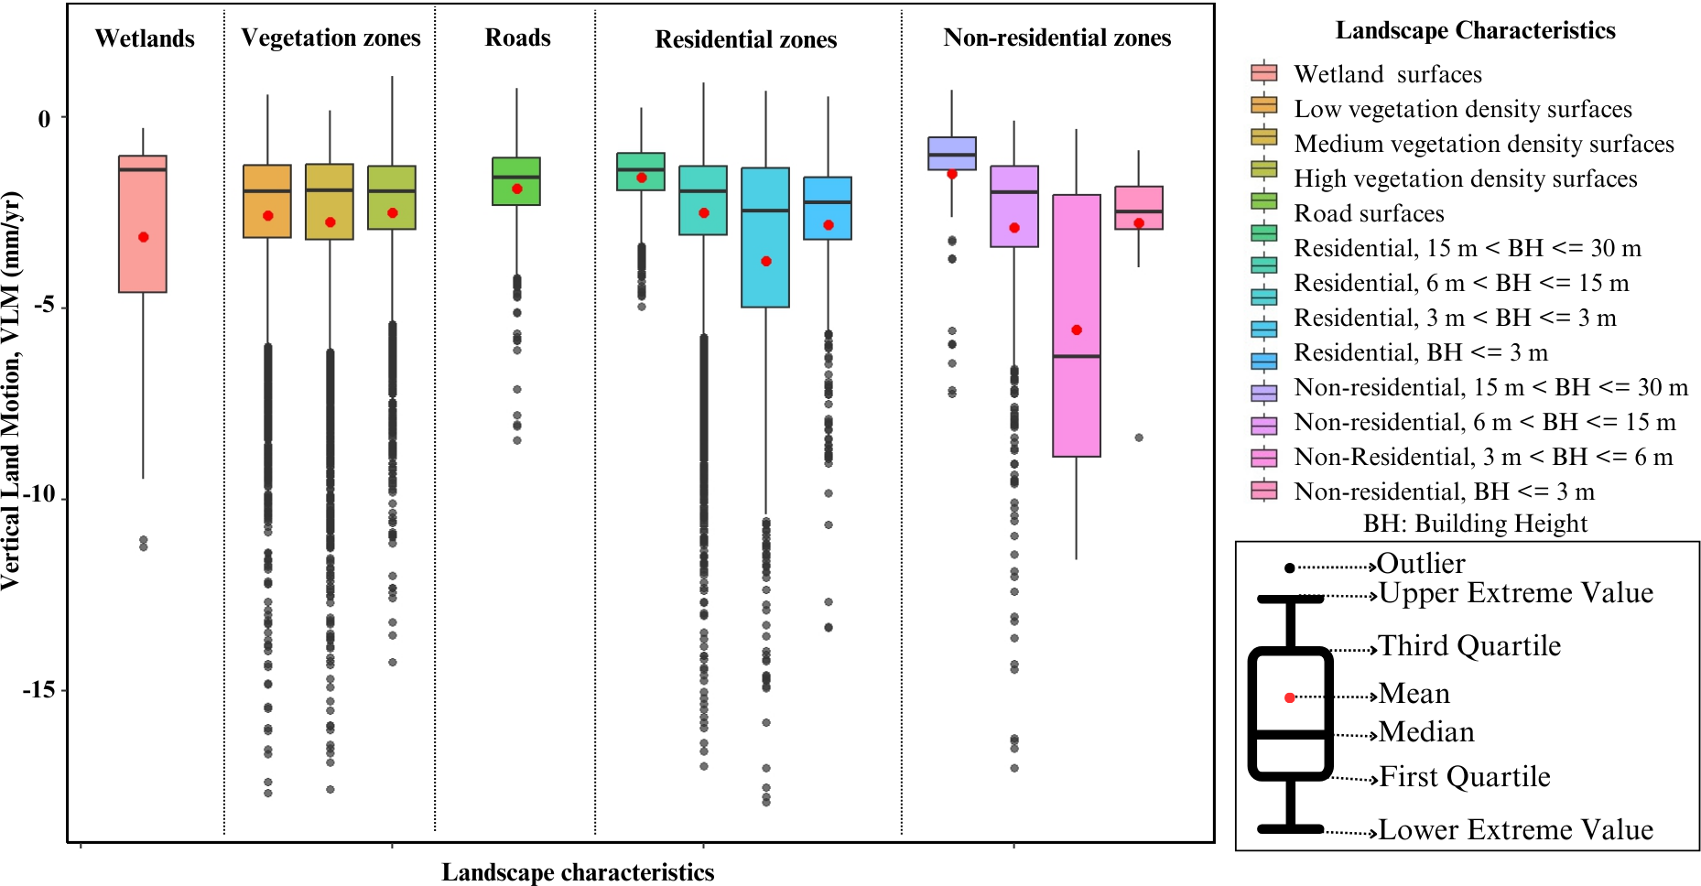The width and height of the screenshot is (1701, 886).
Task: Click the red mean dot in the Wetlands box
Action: coord(144,237)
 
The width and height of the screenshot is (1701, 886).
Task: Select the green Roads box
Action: coord(516,181)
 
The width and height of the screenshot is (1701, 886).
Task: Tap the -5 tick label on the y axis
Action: coord(44,306)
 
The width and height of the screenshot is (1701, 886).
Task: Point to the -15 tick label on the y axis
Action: coord(39,690)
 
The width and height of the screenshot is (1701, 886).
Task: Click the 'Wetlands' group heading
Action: coord(145,38)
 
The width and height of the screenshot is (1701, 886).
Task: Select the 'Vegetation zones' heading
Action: coord(330,38)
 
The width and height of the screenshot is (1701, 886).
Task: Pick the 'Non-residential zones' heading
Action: coord(1056,38)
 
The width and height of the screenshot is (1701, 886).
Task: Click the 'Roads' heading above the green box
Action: coord(517,38)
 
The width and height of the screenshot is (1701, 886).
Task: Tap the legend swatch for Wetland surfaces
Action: coord(1263,73)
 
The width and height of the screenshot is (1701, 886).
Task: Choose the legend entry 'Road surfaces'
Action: coord(1369,213)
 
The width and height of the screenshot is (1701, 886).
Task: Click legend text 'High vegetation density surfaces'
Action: coord(1465,178)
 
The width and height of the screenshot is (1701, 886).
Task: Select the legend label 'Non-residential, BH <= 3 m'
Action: coord(1444,492)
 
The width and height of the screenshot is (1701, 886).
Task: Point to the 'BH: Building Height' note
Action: coord(1475,524)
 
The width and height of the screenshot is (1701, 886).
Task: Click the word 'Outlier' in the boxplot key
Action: coord(1421,564)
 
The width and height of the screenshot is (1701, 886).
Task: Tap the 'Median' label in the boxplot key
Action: coord(1426,732)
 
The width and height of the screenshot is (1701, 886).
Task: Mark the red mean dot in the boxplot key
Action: coord(1290,697)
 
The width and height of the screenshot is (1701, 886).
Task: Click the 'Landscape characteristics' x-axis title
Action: coord(578,872)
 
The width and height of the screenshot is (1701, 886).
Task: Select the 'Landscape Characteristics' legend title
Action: coord(1475,30)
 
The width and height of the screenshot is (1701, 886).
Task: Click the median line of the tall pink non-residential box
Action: coord(1077,356)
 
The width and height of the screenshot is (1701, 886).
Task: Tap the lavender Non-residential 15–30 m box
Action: coord(952,154)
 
